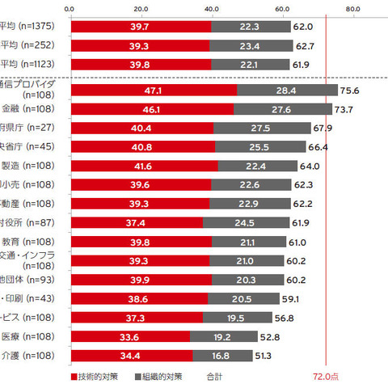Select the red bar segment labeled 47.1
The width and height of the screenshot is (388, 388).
154,90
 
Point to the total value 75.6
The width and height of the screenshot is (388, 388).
352,90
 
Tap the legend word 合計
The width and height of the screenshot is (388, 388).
214,377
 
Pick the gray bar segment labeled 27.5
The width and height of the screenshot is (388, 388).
263,128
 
